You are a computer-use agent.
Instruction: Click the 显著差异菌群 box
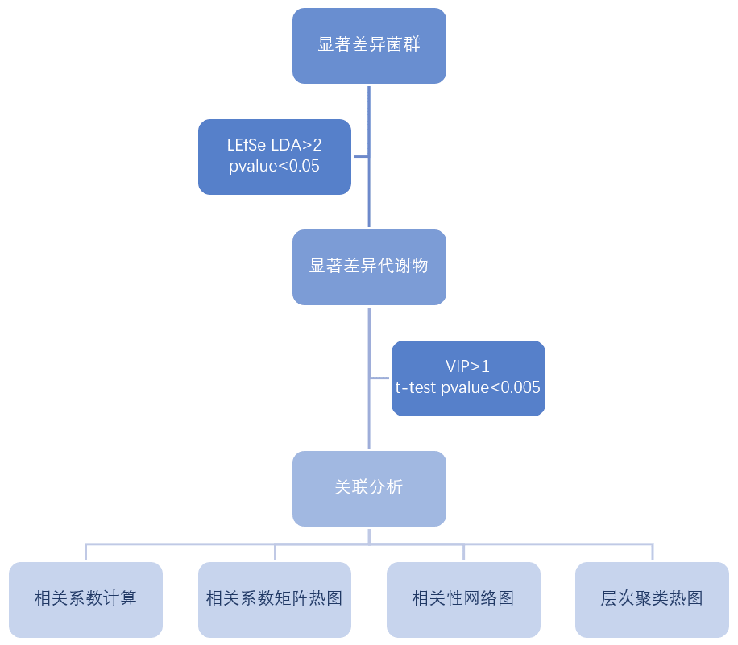369,45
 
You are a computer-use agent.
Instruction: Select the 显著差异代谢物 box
369,267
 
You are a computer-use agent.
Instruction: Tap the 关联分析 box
369,488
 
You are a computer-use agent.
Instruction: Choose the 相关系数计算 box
85,599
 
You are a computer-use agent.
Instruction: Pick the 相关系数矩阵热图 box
275,599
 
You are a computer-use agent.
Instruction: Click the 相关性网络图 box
463,599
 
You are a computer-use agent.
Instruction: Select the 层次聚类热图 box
652,599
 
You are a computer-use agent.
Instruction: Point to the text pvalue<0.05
275,166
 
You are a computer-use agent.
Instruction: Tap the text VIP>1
468,367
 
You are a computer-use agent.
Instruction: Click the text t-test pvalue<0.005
468,387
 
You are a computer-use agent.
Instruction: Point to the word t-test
416,387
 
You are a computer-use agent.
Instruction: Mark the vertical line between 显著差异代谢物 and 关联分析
369,419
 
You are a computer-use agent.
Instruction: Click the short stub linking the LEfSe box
360,157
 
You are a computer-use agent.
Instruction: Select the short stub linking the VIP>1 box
380,378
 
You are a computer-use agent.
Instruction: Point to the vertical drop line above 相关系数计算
85,552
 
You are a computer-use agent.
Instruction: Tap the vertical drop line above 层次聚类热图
652,552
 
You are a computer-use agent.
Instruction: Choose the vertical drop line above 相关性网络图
463,552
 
